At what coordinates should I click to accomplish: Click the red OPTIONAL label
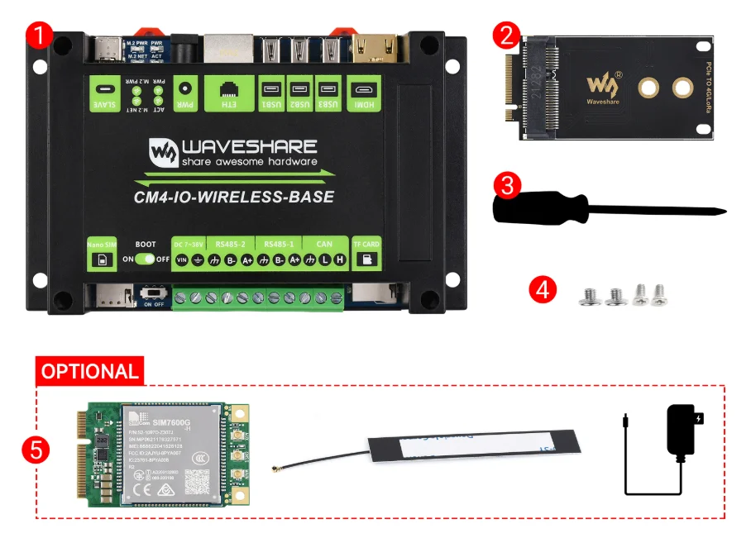coord(89,371)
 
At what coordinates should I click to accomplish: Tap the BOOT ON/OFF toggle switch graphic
coord(146,259)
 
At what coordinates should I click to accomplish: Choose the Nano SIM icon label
coord(102,253)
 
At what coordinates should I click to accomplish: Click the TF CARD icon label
coord(366,253)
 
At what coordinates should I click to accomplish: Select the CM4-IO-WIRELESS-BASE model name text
coord(234,197)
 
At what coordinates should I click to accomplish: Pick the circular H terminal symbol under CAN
coord(339,259)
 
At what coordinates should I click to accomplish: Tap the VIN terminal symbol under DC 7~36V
coord(181,259)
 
